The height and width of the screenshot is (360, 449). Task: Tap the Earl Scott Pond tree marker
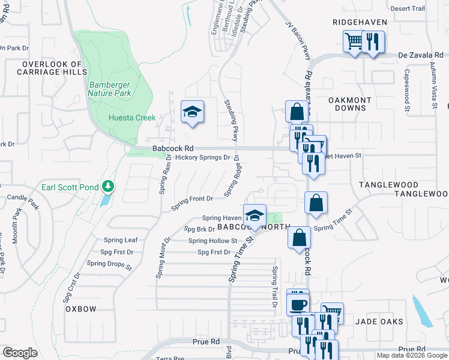coord(108,187)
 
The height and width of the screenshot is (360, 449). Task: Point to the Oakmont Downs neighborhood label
coord(350,104)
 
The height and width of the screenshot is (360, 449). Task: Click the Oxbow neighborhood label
coord(81,309)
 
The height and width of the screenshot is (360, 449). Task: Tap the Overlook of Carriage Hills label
coord(51,68)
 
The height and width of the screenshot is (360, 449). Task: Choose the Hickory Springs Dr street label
coord(203,158)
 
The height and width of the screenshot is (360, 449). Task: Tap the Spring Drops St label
coord(109,263)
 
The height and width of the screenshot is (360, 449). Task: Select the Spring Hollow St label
coord(213,241)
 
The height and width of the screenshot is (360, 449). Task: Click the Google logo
coord(20,353)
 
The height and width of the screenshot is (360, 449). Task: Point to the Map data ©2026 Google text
coord(412,355)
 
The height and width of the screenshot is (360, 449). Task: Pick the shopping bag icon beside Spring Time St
coord(316,203)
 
